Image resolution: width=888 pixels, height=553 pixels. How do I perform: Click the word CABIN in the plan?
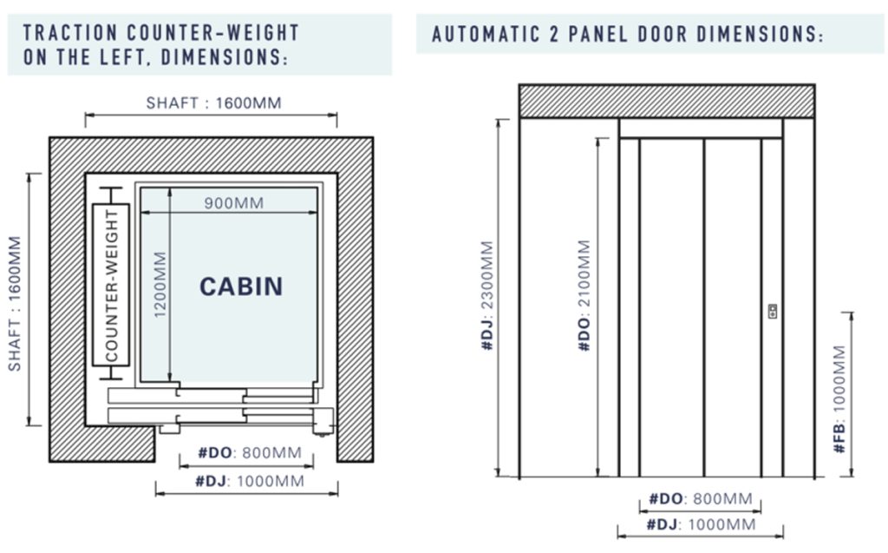241,286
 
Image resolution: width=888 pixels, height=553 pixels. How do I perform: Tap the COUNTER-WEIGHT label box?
111,285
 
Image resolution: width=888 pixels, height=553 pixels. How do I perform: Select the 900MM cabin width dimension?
234,203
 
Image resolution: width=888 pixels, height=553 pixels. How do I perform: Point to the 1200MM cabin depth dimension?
160,284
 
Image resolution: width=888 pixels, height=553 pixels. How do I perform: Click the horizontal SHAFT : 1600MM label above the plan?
213,102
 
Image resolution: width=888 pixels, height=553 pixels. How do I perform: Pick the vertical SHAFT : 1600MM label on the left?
14,304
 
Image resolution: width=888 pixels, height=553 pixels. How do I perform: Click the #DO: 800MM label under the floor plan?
249,452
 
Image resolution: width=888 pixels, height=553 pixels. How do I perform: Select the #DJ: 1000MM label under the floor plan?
249,481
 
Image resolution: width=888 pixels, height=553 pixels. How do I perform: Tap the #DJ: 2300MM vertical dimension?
487,295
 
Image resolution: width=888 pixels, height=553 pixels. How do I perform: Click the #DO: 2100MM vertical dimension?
584,295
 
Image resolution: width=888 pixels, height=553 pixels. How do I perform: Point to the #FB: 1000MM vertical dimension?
839,398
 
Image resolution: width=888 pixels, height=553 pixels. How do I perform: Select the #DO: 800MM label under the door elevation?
700,498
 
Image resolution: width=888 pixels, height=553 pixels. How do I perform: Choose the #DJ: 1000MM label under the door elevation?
701,524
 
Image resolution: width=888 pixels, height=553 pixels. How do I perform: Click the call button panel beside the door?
773,311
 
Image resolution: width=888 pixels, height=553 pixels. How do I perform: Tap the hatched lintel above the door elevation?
667,102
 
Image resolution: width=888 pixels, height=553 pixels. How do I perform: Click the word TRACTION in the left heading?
70,33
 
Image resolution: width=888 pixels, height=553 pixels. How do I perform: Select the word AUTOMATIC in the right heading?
486,34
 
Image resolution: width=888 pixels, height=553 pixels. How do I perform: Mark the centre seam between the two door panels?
704,307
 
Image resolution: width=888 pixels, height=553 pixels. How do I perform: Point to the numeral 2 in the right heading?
554,34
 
